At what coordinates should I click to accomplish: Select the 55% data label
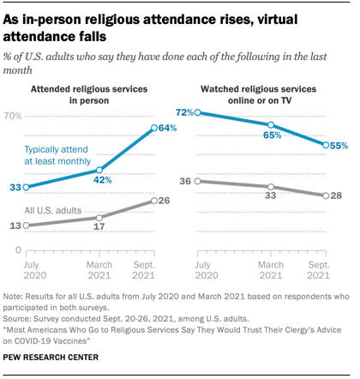[x=339, y=146]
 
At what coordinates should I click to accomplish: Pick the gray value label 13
[x=14, y=226]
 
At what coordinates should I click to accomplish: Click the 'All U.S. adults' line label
[x=52, y=210]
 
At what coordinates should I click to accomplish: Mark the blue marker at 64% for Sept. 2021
[x=153, y=128]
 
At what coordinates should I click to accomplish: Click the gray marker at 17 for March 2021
[x=99, y=218]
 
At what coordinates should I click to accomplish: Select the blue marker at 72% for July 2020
[x=197, y=112]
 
